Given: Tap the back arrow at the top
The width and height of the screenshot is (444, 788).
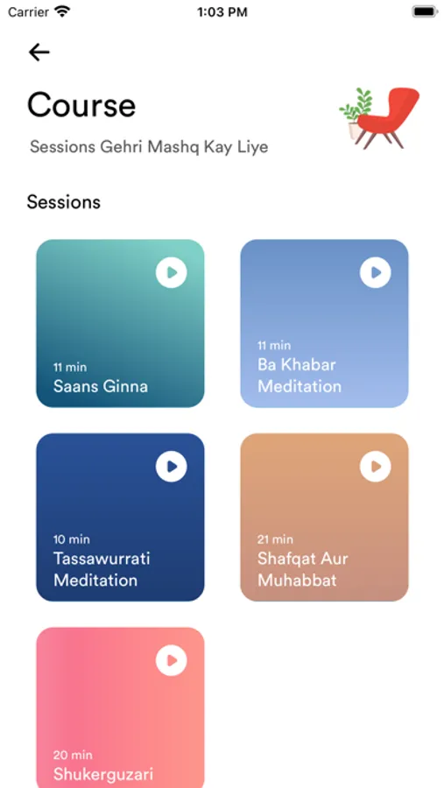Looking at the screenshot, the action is (x=39, y=53).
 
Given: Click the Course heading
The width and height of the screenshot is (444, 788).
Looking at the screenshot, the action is (x=81, y=106).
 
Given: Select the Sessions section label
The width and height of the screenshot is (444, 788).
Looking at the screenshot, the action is (x=64, y=202).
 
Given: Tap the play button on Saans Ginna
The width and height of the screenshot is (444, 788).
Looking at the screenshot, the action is (x=172, y=272).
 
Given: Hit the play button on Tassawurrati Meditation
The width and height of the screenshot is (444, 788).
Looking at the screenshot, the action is (x=172, y=467).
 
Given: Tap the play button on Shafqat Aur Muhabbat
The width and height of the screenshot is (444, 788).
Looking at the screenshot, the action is (x=376, y=467).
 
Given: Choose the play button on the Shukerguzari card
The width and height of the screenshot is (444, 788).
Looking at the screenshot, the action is (x=172, y=660).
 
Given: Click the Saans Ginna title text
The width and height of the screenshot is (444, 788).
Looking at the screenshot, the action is (x=101, y=386).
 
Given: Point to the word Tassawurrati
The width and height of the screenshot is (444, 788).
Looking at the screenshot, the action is (x=102, y=559).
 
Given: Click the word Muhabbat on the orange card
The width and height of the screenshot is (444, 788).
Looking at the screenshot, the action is (x=297, y=580).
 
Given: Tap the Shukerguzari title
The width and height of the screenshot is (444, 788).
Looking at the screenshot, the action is (x=103, y=775).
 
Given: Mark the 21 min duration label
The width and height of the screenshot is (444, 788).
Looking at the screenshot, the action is (x=275, y=539).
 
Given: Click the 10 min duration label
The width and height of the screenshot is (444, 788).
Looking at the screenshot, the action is (x=72, y=539).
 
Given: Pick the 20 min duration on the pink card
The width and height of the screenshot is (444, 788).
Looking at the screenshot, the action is (x=73, y=755).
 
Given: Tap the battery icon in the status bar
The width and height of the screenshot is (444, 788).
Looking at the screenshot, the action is (x=425, y=12).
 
